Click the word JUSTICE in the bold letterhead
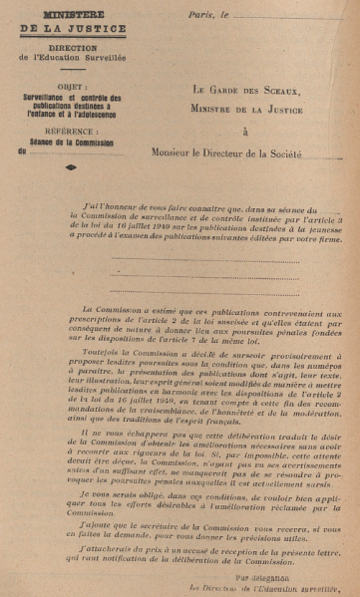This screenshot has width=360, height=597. [91, 30]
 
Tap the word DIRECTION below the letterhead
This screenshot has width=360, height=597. [76, 46]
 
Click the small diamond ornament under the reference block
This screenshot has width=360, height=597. [71, 167]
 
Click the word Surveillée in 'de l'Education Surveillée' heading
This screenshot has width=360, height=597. [127, 58]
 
